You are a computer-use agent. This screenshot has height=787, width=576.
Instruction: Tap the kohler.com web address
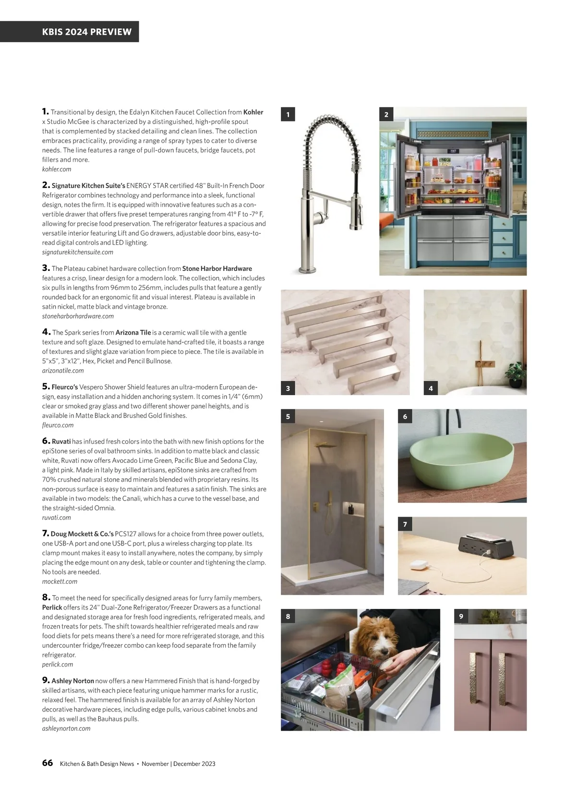[x=57, y=169]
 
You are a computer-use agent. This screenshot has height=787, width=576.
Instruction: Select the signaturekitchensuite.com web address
[x=78, y=252]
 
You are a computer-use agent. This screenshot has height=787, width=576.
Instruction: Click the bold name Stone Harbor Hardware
[x=217, y=268]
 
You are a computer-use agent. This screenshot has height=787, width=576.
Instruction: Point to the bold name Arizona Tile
[x=133, y=332]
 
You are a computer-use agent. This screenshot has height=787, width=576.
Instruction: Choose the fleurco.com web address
[x=58, y=425]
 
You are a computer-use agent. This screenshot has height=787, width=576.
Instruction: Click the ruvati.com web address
[x=56, y=518]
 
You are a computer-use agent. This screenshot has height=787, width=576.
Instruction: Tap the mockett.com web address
[x=60, y=581]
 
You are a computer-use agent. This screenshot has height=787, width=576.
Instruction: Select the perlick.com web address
[x=58, y=665]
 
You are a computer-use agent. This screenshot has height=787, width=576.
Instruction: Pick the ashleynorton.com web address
[x=66, y=728]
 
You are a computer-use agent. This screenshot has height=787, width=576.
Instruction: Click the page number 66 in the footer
[x=48, y=763]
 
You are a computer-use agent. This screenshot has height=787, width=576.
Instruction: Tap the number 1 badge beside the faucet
[x=288, y=114]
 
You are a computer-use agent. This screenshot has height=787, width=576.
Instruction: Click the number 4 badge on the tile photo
[x=431, y=388]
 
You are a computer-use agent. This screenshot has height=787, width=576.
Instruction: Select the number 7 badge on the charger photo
[x=405, y=524]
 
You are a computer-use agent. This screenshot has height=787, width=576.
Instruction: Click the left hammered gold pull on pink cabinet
[x=473, y=678]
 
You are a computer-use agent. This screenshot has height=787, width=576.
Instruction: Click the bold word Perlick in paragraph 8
[x=52, y=607]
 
